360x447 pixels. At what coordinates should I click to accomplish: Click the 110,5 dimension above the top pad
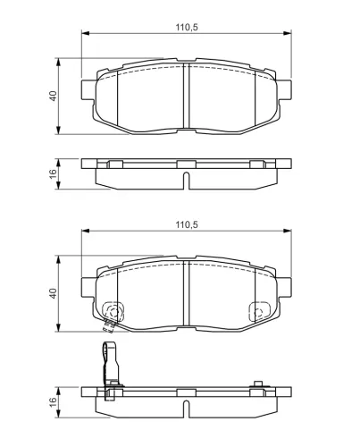187,28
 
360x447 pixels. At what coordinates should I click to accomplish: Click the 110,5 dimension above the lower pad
187,224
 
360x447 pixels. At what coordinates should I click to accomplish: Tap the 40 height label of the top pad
53,96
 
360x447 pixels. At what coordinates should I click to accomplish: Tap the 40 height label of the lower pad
53,293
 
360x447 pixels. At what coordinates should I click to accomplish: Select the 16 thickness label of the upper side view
53,173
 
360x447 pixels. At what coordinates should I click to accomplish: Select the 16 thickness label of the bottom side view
53,402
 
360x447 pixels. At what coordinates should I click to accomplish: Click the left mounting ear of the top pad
88,89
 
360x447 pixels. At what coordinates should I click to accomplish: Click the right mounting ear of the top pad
284,89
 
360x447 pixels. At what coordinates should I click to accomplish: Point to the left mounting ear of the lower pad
88,287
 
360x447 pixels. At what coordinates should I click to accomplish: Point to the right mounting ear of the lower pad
284,287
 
